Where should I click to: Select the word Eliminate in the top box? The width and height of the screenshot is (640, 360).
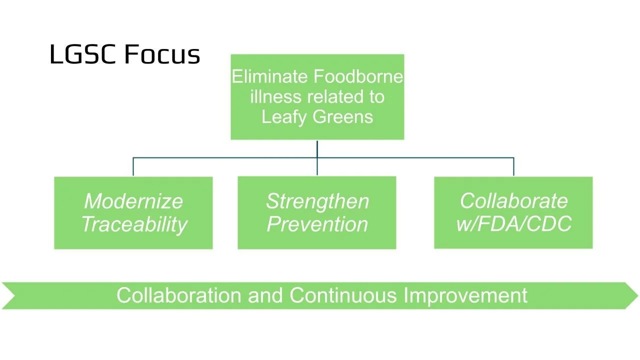270,77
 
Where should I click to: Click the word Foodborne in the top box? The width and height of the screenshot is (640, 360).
358,77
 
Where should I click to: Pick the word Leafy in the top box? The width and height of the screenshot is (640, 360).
283,116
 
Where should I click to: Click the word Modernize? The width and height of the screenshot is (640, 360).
133,201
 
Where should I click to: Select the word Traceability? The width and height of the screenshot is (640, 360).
134,224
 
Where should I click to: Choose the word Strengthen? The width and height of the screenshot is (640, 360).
317,201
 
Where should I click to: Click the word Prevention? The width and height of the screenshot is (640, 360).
317,224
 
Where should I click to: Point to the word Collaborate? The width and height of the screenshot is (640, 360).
513,201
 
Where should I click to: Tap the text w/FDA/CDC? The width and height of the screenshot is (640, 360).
513,224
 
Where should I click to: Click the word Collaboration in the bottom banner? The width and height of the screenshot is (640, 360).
179,295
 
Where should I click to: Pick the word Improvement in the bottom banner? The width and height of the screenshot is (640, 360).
465,295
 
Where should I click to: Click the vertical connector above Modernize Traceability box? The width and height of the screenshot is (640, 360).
133,167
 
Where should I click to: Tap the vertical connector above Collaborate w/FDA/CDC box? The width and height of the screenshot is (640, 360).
513,167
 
